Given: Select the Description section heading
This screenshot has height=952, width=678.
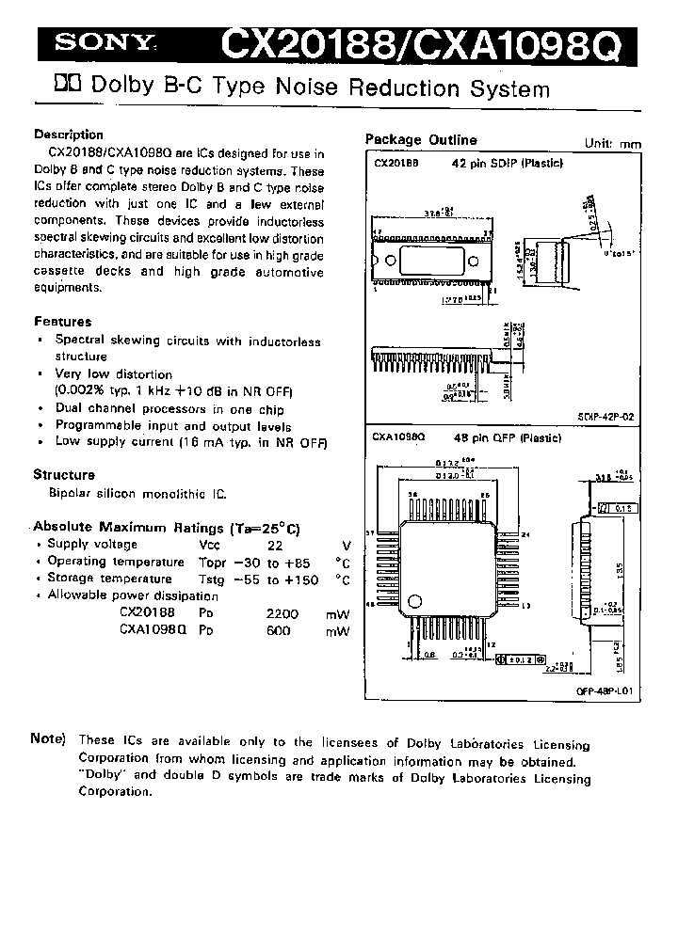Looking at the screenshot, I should pos(68,135).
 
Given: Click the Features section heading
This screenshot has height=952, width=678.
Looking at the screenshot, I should pos(62,322).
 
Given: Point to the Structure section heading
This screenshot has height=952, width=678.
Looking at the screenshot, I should pos(64,475).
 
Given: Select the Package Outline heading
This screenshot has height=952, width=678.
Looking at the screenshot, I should pos(421,140).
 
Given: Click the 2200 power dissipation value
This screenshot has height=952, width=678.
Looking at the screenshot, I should pos(282,613).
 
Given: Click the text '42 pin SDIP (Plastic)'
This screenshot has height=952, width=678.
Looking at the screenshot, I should pos(508,163).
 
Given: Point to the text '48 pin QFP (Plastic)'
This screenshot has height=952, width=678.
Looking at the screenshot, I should pos(508,438).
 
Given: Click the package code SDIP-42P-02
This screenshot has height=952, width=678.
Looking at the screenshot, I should pos(606,415).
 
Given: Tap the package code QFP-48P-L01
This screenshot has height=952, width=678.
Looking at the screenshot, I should pos(604,690).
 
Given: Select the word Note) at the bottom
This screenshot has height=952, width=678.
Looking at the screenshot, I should pos(48,739).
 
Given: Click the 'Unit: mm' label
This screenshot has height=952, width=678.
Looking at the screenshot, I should pos(612,144).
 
